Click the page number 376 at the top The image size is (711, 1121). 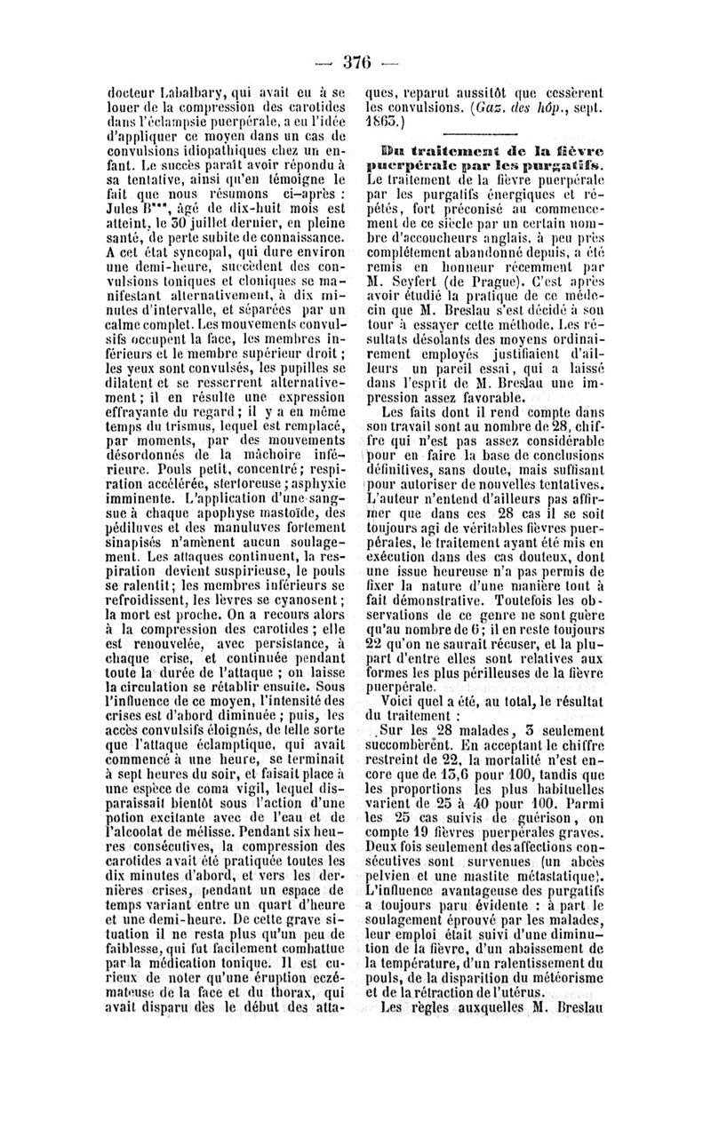[355, 61]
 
